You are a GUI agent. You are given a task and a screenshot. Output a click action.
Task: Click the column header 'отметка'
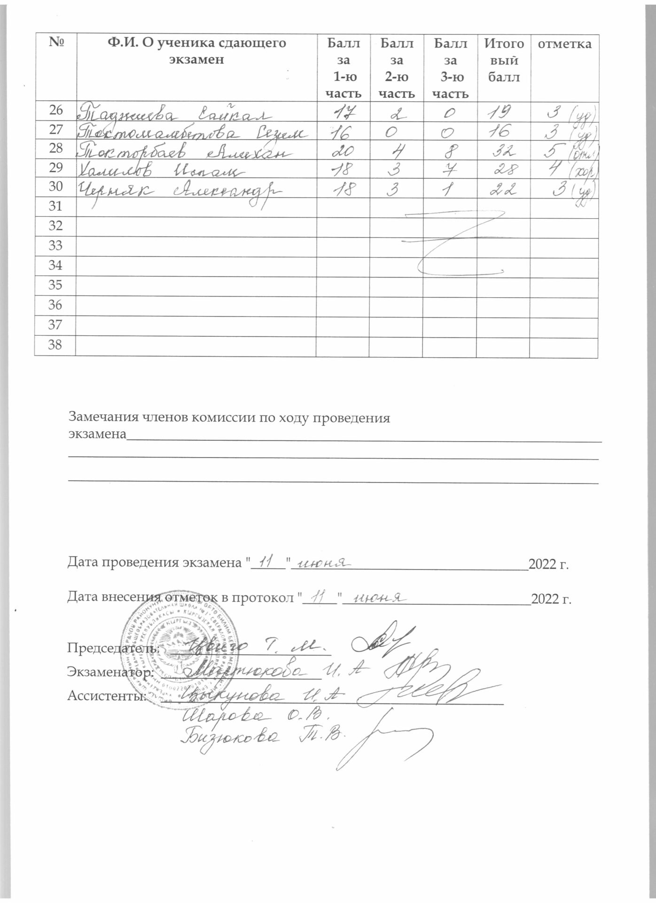point(564,44)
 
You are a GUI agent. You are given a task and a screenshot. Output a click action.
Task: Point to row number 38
point(55,345)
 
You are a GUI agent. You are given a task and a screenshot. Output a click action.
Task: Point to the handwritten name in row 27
point(193,132)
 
